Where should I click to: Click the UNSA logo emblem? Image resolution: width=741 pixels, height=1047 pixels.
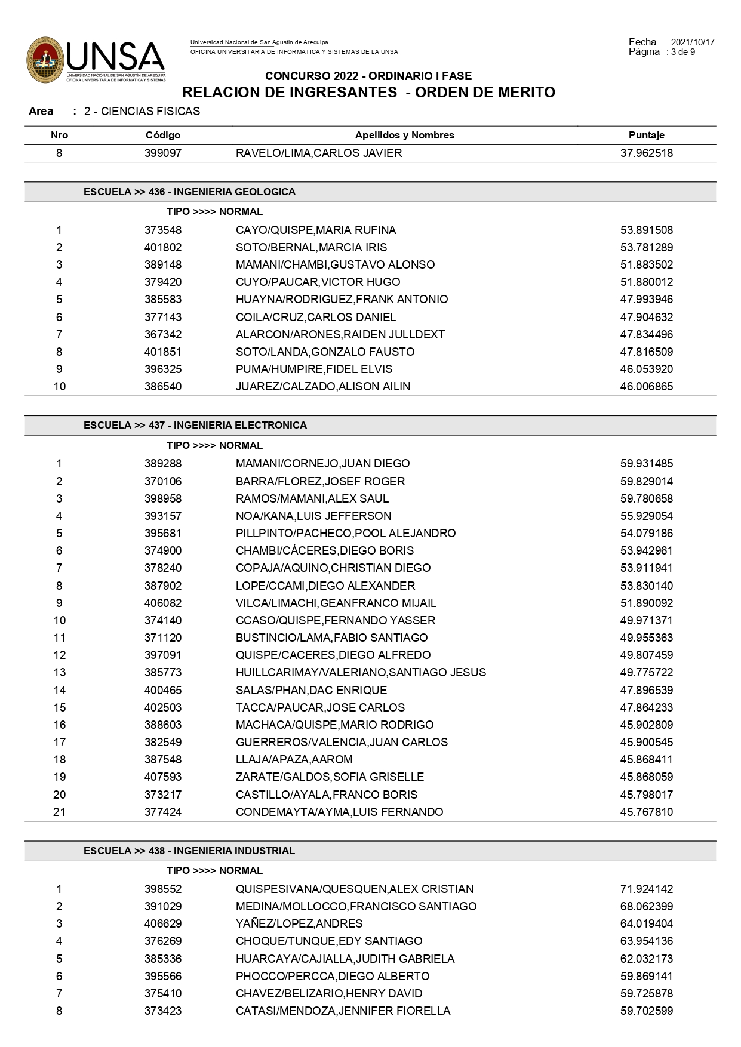click(x=45, y=60)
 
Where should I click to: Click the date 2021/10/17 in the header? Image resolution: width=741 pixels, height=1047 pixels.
click(x=693, y=42)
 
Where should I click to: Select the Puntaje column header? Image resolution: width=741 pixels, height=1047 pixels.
click(x=646, y=135)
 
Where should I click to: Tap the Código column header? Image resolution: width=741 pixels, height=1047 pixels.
click(x=163, y=135)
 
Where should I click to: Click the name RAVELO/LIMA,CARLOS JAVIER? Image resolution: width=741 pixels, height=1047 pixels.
click(x=319, y=153)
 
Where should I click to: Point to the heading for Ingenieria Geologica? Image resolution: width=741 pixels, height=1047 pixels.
click(x=189, y=192)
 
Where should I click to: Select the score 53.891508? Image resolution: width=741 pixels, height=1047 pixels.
click(x=646, y=230)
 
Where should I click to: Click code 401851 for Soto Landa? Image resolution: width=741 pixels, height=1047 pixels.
click(x=163, y=352)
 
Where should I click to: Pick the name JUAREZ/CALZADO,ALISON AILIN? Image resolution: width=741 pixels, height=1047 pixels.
click(x=323, y=386)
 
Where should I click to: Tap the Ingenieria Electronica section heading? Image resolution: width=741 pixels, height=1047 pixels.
click(x=195, y=425)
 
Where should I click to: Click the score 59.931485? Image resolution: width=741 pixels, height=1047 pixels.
click(x=646, y=463)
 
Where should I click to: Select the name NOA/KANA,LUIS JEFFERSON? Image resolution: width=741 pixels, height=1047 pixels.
click(x=313, y=516)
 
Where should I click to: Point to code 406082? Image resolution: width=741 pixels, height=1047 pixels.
click(x=163, y=603)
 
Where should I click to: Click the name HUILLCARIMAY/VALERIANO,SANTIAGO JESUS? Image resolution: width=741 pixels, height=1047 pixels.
click(x=361, y=672)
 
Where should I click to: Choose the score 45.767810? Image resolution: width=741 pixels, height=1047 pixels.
click(x=646, y=812)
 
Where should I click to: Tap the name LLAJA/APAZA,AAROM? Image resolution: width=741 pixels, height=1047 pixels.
click(x=294, y=759)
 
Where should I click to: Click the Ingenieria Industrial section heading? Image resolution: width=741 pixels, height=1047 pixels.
click(x=189, y=851)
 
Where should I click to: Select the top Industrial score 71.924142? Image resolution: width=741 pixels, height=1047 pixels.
click(x=646, y=889)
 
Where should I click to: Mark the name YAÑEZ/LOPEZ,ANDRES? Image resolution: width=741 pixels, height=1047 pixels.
click(x=299, y=923)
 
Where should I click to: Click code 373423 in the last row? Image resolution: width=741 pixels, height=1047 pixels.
click(x=163, y=1011)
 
